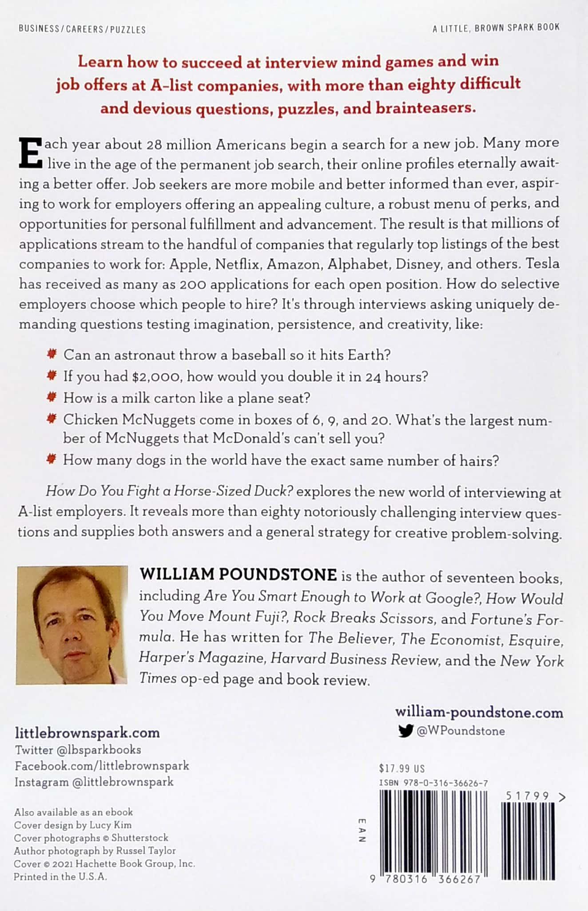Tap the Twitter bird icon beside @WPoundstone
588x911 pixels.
click(x=405, y=731)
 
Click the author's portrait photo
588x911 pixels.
click(x=72, y=625)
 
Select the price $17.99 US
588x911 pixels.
click(x=402, y=769)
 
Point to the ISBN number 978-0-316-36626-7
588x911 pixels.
click(x=433, y=784)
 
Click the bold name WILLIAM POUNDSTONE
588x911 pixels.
click(x=238, y=575)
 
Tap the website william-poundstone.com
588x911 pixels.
click(x=479, y=713)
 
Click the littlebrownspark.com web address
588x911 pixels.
click(x=87, y=733)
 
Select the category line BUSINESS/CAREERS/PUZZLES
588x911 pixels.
click(x=82, y=30)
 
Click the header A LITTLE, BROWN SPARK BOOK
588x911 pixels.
click(x=496, y=28)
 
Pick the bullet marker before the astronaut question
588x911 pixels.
click(x=52, y=354)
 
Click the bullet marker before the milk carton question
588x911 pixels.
click(x=52, y=396)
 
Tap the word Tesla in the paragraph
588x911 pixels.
click(x=542, y=264)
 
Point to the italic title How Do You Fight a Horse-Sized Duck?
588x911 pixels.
click(x=170, y=491)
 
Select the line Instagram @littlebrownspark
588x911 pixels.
click(x=94, y=782)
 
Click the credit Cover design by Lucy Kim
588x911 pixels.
click(x=73, y=825)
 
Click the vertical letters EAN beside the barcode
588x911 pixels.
click(x=362, y=830)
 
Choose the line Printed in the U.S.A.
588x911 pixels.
click(x=60, y=877)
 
